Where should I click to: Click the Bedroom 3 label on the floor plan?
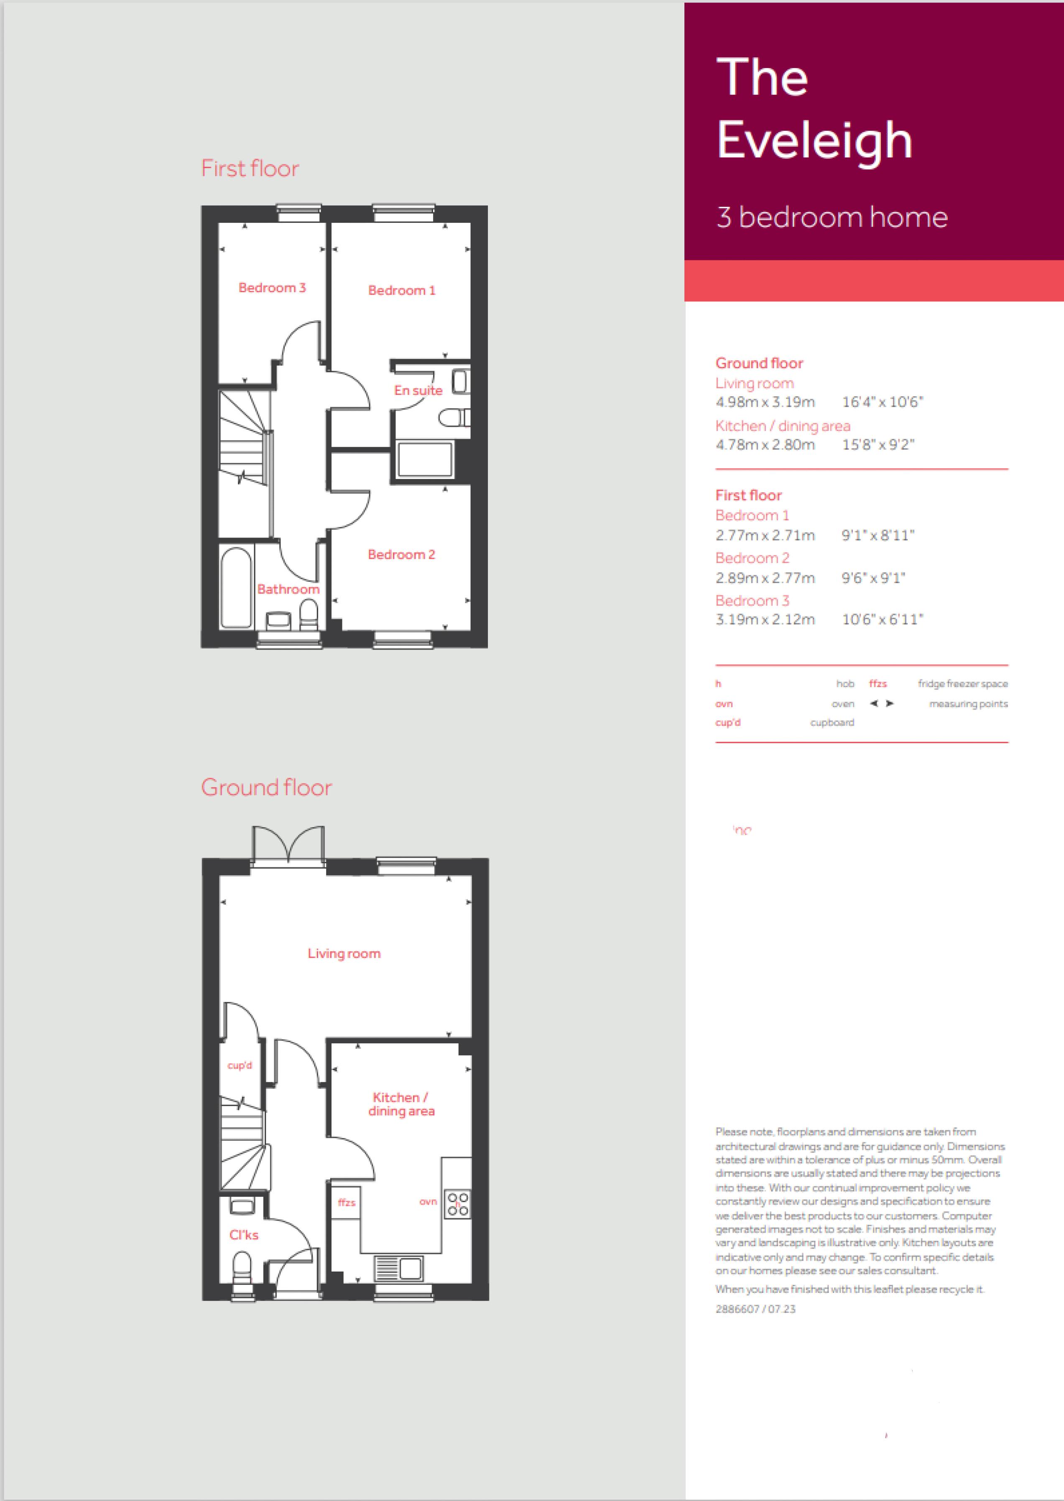tap(272, 288)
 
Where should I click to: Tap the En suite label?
tap(418, 390)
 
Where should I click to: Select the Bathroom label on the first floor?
tap(288, 589)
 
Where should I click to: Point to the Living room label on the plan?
tap(344, 953)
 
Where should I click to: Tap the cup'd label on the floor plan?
tap(240, 1065)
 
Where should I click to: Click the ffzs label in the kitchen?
tap(347, 1203)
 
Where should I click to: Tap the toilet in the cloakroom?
tap(242, 1268)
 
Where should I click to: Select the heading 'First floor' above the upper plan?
tap(250, 168)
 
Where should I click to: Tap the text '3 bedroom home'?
tap(832, 217)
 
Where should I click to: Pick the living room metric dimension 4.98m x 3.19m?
tap(765, 402)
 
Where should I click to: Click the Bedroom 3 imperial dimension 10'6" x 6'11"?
tap(883, 619)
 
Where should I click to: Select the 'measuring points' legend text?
tap(968, 704)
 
